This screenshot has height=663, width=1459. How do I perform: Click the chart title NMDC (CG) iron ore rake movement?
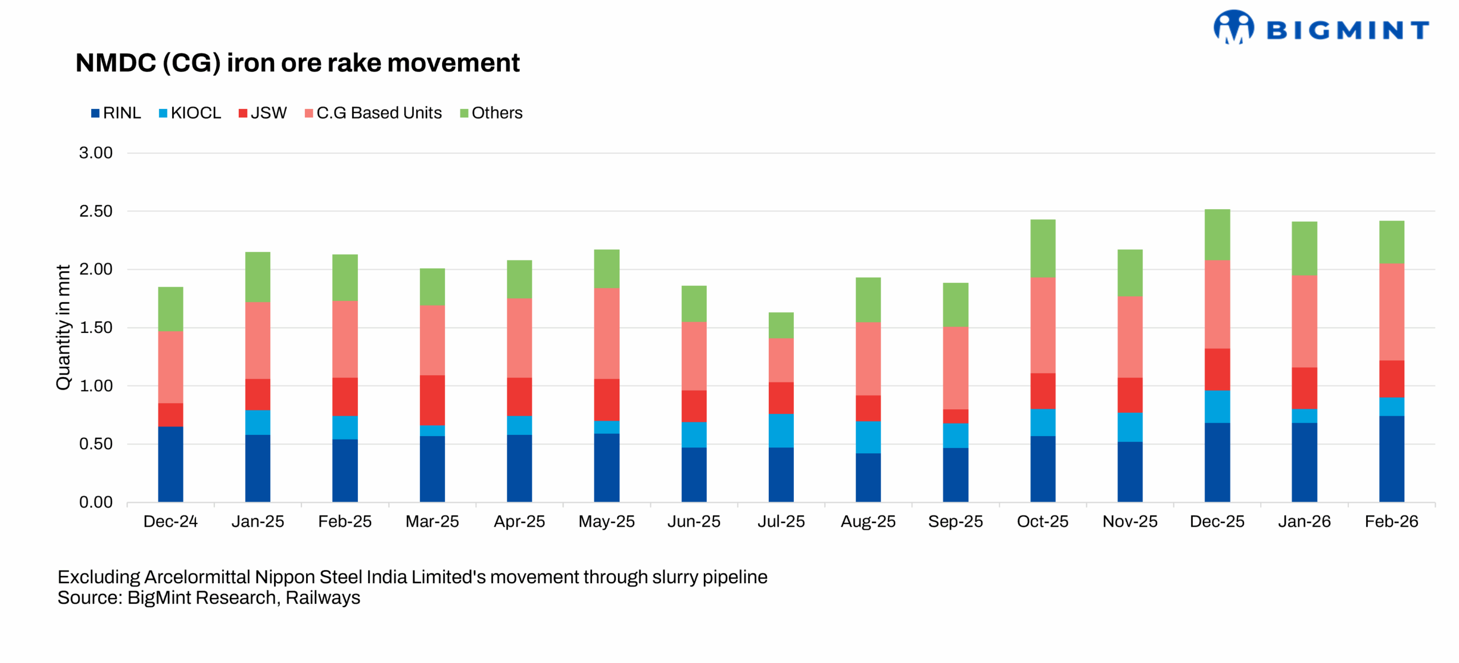[x=297, y=63]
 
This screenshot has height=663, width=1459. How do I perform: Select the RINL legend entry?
[x=116, y=113]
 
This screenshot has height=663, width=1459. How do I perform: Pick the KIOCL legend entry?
[x=190, y=113]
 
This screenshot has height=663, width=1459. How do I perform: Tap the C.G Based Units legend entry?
[x=373, y=113]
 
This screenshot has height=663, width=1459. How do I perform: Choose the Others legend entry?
[x=491, y=113]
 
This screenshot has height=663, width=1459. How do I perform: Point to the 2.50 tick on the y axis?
[x=96, y=211]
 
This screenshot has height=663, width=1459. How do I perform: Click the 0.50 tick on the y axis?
[x=96, y=444]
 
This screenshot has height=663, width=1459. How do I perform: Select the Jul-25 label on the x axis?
[x=781, y=521]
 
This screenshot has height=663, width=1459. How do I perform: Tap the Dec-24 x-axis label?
[x=170, y=521]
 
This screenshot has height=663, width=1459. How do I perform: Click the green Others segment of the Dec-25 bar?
[x=1217, y=234]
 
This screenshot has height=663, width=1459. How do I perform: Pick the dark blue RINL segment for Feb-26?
[x=1391, y=459]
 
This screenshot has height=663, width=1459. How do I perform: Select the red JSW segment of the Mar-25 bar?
[x=432, y=400]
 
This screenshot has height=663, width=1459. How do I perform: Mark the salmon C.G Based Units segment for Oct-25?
[x=1042, y=325]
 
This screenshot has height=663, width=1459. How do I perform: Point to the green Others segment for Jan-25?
[x=258, y=276]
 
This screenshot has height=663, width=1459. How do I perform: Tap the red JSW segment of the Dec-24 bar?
[x=170, y=414]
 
